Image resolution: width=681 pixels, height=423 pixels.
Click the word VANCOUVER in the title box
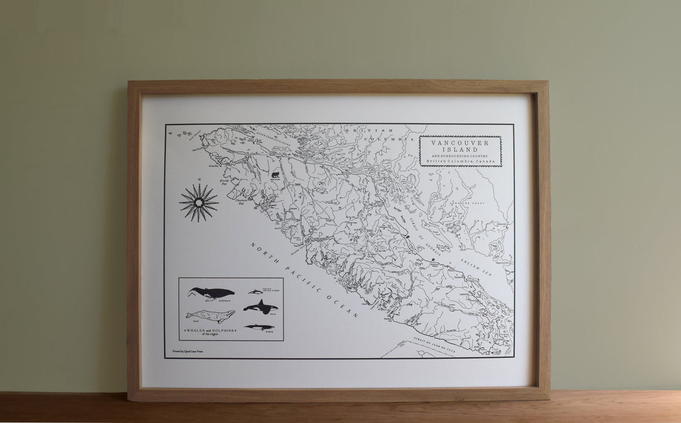point(460,142)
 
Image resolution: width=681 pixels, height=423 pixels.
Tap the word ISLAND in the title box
point(460,149)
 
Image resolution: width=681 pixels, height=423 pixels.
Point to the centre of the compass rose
point(199,202)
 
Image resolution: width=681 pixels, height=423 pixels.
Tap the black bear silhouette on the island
point(274,175)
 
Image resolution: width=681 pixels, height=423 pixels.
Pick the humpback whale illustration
point(211,293)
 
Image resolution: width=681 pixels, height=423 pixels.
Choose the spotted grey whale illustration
point(210,315)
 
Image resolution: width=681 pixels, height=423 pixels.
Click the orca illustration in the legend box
point(260,306)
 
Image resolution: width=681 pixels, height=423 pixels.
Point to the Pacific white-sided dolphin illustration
point(256,291)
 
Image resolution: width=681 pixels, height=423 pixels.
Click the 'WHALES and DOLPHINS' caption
point(210,331)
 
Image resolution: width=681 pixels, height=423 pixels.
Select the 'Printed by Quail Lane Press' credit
point(187,351)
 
